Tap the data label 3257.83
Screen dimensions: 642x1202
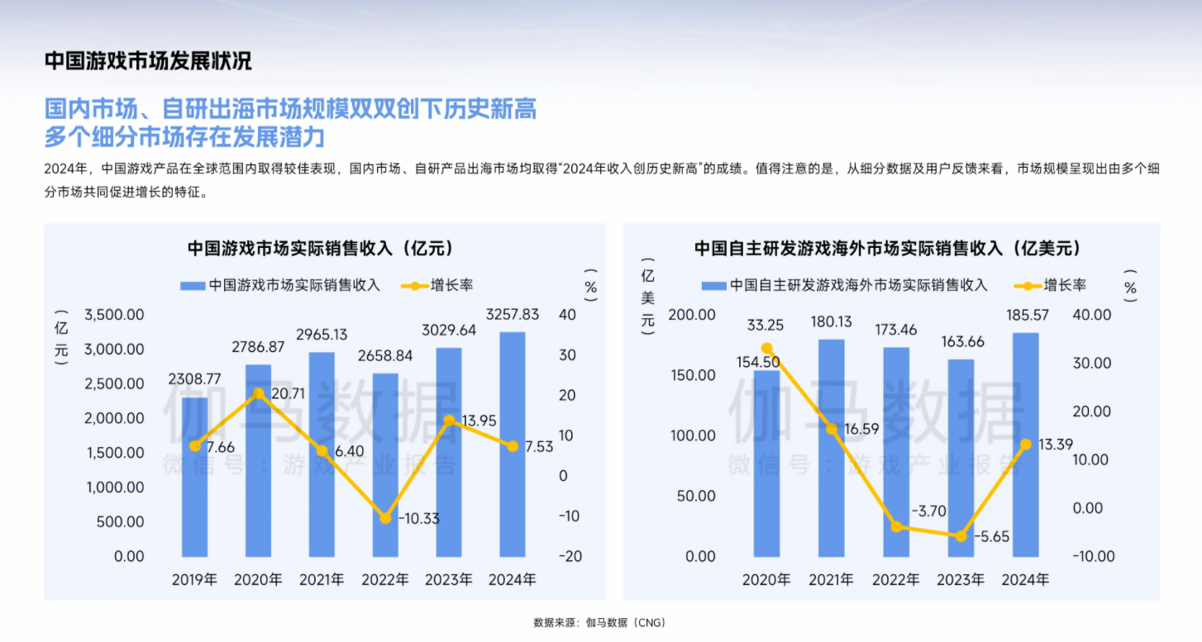pyautogui.click(x=513, y=315)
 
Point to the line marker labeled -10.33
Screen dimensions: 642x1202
pyautogui.click(x=385, y=518)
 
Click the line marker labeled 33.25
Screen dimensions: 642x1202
pyautogui.click(x=767, y=349)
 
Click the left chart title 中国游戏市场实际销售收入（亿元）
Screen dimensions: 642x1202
pyautogui.click(x=321, y=248)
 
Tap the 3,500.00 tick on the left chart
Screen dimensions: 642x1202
pyautogui.click(x=114, y=315)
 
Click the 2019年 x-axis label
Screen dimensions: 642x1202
pyautogui.click(x=194, y=579)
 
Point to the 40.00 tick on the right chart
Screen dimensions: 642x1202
pyautogui.click(x=1091, y=315)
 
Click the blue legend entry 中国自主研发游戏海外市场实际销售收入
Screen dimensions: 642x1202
pyautogui.click(x=845, y=285)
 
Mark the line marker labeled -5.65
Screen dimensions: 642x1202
pyautogui.click(x=961, y=535)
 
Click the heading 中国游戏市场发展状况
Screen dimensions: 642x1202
pyautogui.click(x=148, y=61)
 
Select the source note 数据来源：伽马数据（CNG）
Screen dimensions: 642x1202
pyautogui.click(x=599, y=622)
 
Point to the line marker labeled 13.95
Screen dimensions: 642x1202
pyautogui.click(x=449, y=420)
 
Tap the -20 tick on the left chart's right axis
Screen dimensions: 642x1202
pyautogui.click(x=570, y=556)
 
